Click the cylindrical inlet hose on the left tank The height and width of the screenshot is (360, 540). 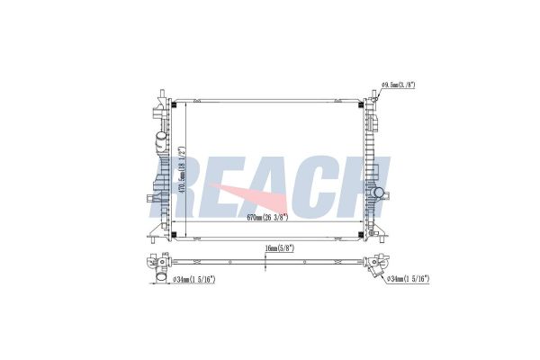160,141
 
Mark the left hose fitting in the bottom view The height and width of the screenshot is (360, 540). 158,266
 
